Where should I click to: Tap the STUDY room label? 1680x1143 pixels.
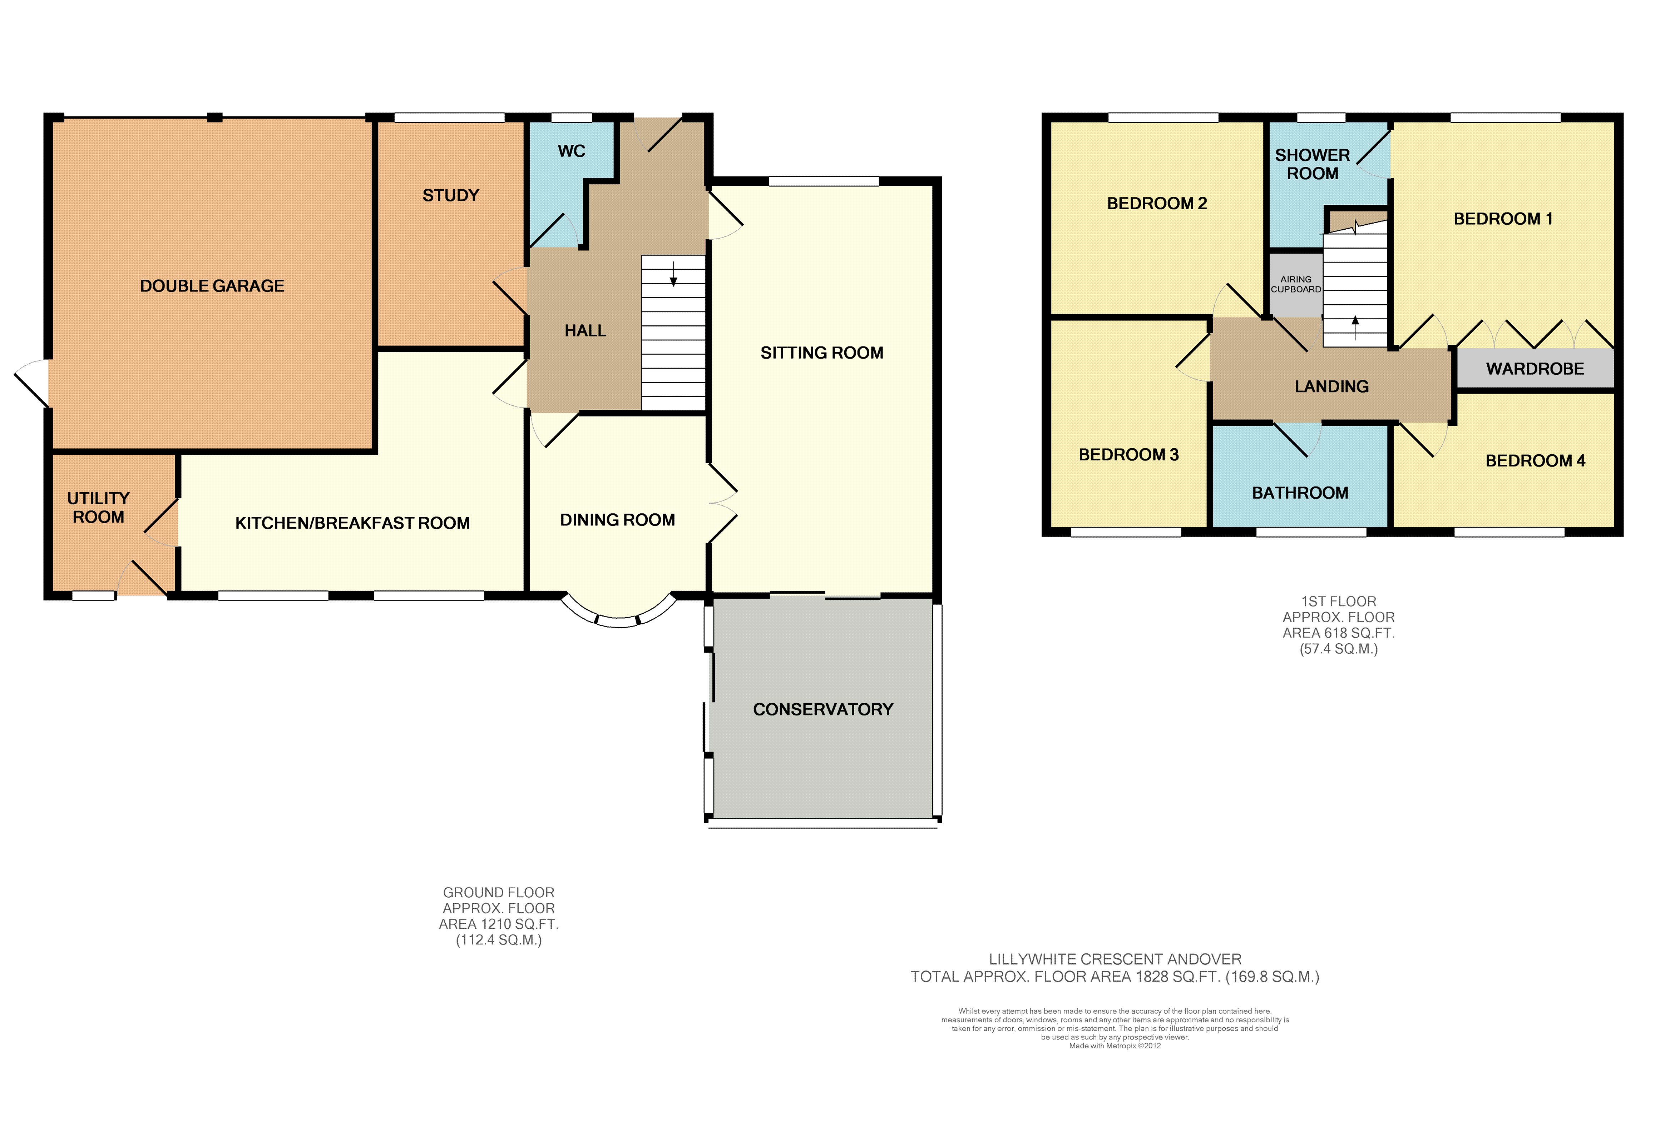point(451,195)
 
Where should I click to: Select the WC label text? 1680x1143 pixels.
point(571,151)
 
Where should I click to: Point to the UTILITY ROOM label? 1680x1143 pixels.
point(98,508)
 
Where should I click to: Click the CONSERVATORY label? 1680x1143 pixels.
point(823,709)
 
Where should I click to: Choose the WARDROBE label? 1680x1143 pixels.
point(1535,369)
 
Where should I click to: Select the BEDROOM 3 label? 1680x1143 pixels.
point(1128,454)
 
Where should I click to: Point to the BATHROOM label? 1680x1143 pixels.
point(1300,493)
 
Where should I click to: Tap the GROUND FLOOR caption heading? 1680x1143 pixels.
point(499,892)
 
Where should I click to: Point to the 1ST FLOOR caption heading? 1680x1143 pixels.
point(1339,601)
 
